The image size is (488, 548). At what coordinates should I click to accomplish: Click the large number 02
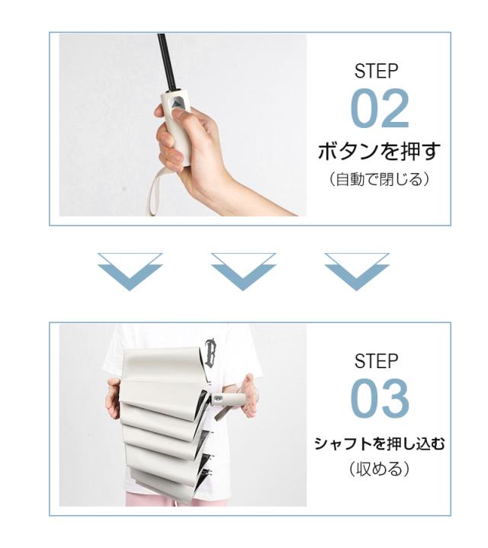coord(380,109)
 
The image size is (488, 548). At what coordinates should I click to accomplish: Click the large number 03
coord(380,399)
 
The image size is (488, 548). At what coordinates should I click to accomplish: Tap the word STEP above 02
coord(376,72)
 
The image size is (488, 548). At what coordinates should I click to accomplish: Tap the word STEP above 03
coord(376,361)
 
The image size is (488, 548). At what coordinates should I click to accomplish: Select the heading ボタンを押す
coord(379,152)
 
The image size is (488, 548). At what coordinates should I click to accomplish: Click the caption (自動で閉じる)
coord(379,179)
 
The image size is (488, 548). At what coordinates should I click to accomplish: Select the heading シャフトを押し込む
coord(379,444)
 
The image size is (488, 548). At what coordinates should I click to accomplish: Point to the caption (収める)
coord(379,469)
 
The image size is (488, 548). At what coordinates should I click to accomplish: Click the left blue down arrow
coord(130,272)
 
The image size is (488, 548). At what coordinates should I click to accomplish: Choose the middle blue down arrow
coord(243,272)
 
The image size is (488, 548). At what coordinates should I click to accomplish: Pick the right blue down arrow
coord(357,272)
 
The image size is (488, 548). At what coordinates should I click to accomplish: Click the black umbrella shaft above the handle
coord(165,63)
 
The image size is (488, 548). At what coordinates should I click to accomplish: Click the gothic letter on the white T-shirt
coord(210,352)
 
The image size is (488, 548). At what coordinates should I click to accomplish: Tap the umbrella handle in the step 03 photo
coord(228,399)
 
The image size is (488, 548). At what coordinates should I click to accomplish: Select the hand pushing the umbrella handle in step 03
coord(249,396)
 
